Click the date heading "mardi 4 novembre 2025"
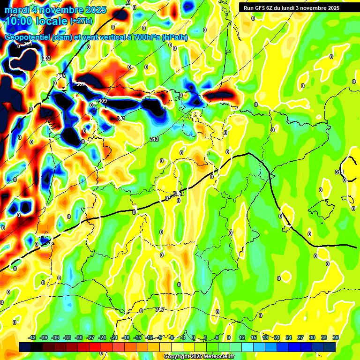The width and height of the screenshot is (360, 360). (55, 10)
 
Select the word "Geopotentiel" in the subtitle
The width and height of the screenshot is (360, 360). (27, 38)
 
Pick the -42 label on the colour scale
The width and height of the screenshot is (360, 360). (32, 337)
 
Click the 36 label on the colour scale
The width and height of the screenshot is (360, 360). (336, 337)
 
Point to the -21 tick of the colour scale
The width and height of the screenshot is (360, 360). (114, 337)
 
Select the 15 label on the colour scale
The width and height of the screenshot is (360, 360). (254, 337)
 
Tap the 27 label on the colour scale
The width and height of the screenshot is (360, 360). (300, 337)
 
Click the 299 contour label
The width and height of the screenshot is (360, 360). (14, 15)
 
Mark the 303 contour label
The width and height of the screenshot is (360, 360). (46, 58)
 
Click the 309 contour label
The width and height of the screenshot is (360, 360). (102, 101)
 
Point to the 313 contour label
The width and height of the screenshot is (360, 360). (154, 139)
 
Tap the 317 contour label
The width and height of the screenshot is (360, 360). (160, 309)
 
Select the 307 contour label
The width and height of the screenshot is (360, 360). (81, 84)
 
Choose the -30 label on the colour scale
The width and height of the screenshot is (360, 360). (79, 337)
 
